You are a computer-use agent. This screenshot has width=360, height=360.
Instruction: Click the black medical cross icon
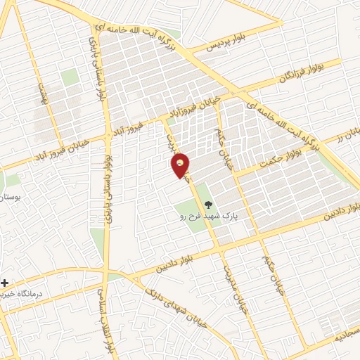4,282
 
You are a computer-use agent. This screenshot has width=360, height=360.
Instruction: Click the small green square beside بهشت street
69,77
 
